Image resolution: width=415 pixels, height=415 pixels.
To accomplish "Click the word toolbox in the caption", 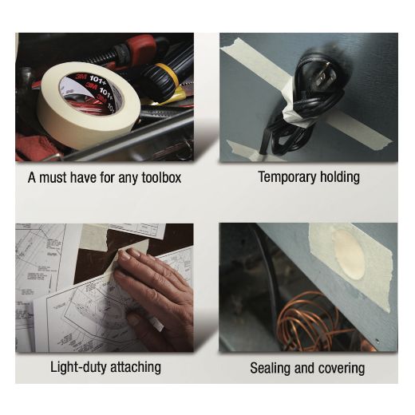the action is [x=161, y=177].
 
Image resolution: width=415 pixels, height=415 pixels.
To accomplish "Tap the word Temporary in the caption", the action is [x=287, y=178].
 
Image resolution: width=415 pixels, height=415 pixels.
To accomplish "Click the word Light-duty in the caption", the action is [x=78, y=367].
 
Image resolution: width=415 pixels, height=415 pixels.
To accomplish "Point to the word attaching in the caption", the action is [x=136, y=368].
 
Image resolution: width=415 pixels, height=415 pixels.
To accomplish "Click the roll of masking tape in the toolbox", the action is [x=88, y=106].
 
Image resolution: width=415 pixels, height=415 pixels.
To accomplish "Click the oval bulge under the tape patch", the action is [x=349, y=255].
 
